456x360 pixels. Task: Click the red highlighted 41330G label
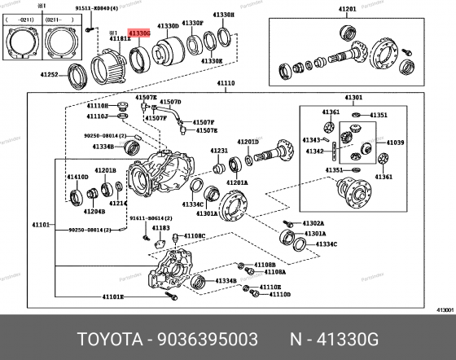(x=138, y=33)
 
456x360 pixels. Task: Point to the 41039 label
(x=395, y=143)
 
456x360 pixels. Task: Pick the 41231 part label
(x=220, y=151)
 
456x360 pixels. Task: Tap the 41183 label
(x=161, y=228)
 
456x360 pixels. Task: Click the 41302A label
(x=313, y=222)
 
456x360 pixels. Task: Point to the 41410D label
(x=78, y=177)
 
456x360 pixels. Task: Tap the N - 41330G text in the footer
(x=349, y=337)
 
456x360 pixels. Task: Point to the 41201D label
(x=248, y=142)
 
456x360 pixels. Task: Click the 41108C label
(x=195, y=235)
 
